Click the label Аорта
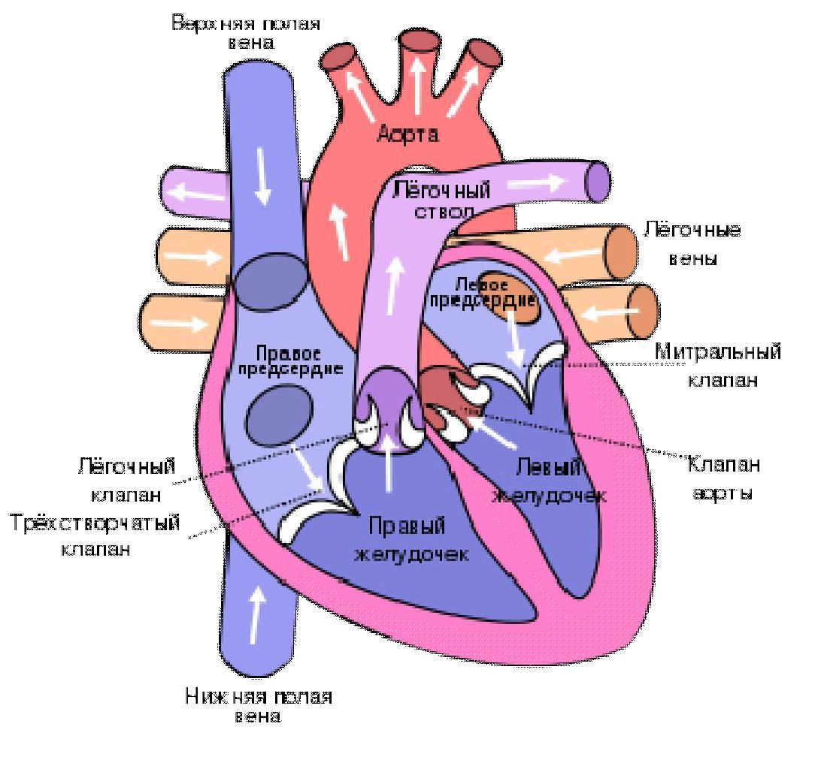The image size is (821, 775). (407, 135)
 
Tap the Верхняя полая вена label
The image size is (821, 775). (246, 32)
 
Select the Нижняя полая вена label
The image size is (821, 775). (258, 706)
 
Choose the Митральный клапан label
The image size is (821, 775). (718, 365)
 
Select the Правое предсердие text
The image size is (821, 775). (289, 360)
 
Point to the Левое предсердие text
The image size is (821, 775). (481, 293)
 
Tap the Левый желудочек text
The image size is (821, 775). (549, 481)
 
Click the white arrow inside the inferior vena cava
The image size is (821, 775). (256, 614)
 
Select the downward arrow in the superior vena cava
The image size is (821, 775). (262, 175)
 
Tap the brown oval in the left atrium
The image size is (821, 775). (509, 297)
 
